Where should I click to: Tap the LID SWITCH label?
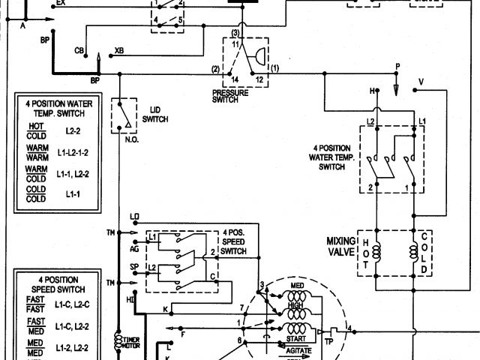155,115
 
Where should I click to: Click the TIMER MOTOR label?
131,342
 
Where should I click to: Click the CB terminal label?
79,51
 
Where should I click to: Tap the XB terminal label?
119,51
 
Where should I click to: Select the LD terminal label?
134,217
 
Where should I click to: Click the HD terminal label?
131,300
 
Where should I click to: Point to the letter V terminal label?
420,80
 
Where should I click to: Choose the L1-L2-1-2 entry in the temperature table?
72,153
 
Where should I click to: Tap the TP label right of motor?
328,342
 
